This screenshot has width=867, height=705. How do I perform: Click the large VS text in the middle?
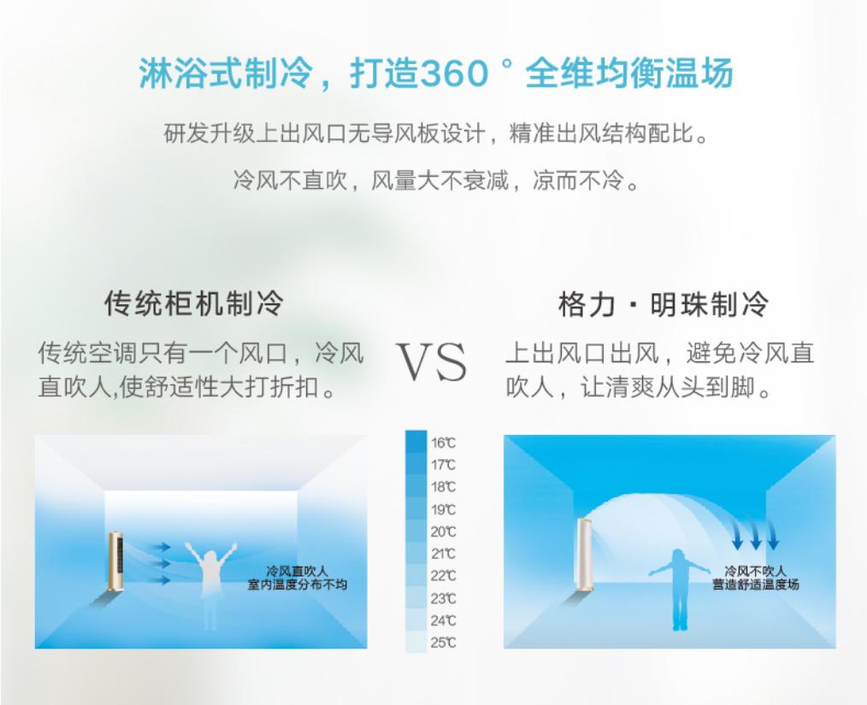[432, 362]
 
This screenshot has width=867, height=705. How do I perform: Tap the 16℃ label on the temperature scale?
[444, 443]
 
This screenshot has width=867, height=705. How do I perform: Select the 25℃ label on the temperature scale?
[444, 643]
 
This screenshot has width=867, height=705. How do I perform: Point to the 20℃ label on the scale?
[444, 532]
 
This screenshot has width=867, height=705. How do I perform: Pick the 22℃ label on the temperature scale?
[444, 576]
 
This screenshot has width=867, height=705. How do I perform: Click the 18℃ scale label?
[444, 487]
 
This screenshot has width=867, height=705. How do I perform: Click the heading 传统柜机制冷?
[194, 303]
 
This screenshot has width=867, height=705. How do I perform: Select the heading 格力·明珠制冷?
[664, 303]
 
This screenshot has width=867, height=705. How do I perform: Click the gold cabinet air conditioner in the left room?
[115, 561]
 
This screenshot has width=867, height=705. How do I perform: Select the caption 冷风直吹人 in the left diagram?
[298, 572]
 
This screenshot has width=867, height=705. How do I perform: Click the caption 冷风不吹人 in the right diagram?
[755, 572]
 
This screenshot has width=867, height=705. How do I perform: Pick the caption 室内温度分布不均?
[298, 585]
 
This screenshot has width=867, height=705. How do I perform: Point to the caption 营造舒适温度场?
[755, 585]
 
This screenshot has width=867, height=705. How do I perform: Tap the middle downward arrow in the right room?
[755, 535]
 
